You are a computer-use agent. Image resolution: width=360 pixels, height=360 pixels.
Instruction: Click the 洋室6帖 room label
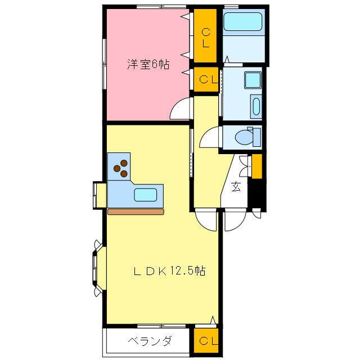click(x=148, y=64)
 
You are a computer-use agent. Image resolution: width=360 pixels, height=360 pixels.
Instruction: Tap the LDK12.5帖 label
click(x=169, y=271)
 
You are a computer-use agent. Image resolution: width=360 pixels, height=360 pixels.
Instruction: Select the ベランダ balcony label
click(x=149, y=341)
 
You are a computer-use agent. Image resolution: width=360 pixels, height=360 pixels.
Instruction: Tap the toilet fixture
click(x=246, y=137)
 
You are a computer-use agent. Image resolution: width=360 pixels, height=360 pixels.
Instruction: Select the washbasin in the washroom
click(x=255, y=106)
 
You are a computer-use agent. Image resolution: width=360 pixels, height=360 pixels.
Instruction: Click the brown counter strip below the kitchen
click(x=136, y=212)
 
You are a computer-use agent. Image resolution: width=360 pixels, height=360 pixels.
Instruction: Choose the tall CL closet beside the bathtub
click(x=206, y=37)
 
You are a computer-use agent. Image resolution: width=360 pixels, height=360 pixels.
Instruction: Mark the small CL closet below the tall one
click(x=206, y=79)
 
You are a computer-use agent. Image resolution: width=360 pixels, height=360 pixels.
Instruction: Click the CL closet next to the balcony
click(x=206, y=341)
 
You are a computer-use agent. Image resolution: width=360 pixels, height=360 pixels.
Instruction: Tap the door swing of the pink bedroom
click(x=182, y=108)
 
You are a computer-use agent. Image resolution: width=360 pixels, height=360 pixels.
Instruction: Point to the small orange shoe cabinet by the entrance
click(x=256, y=166)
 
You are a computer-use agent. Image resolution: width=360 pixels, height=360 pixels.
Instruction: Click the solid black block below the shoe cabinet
click(x=256, y=194)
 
